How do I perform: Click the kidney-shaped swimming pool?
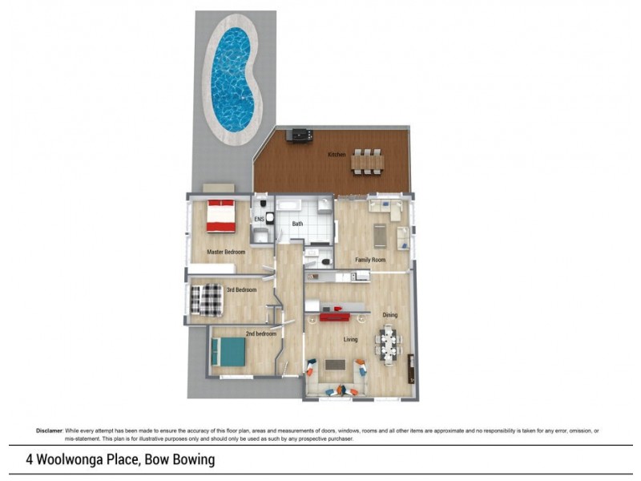click(x=235, y=80)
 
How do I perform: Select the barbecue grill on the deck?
click(x=300, y=135)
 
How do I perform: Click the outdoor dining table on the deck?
click(x=367, y=161)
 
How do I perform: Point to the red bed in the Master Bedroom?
click(x=221, y=215)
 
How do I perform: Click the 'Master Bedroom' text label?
click(x=225, y=252)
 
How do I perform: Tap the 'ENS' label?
click(x=260, y=218)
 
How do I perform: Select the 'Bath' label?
click(x=297, y=224)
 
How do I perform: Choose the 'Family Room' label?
click(x=370, y=260)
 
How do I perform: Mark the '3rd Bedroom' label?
click(x=240, y=289)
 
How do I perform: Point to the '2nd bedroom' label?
click(x=260, y=333)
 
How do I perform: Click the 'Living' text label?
click(x=350, y=339)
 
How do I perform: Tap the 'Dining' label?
click(x=389, y=315)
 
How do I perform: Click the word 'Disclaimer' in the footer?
click(x=49, y=430)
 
